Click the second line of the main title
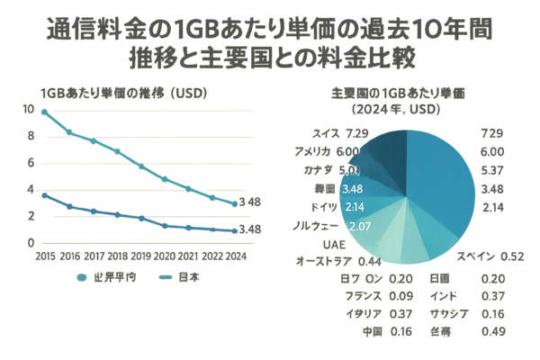tap(270, 60)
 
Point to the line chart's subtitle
tap(112, 93)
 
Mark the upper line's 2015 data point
tap(43, 110)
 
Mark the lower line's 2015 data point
tap(43, 194)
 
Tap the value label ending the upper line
tap(251, 202)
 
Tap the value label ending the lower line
tap(251, 229)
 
